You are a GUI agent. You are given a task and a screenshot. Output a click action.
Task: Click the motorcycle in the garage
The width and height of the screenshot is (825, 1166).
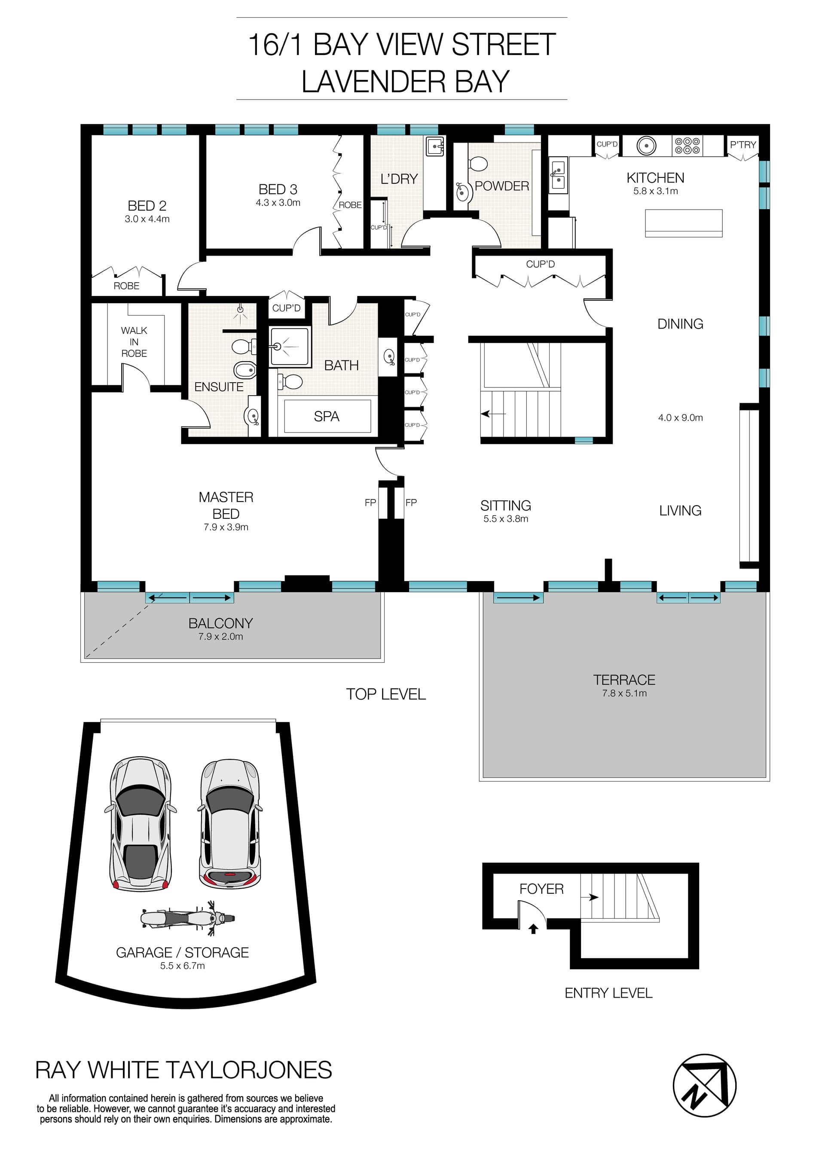[x=188, y=918]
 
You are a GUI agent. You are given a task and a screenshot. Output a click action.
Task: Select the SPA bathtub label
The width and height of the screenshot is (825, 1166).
[x=326, y=417]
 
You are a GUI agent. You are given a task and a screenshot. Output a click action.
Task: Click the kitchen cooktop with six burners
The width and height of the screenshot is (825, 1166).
[x=687, y=146]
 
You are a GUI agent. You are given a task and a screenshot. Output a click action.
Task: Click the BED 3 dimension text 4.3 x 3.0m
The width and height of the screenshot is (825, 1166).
[x=278, y=203]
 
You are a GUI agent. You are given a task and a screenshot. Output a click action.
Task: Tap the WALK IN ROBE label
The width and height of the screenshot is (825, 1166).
[x=134, y=342]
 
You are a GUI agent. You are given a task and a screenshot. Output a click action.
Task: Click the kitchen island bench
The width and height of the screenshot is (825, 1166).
[x=683, y=223]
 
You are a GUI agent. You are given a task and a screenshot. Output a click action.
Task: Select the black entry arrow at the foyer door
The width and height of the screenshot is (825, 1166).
[x=533, y=929]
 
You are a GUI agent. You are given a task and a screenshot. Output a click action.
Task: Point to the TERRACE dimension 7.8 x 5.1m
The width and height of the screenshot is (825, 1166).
[x=624, y=693]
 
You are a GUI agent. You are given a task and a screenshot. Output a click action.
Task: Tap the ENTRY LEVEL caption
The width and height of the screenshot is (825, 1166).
[x=608, y=993]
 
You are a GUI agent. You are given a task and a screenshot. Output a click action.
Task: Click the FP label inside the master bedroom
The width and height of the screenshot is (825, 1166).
[x=370, y=502]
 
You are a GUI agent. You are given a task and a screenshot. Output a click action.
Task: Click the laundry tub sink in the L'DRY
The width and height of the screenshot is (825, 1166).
[x=435, y=147]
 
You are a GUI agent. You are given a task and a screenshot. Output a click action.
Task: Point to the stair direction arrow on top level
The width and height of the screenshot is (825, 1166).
[x=493, y=414]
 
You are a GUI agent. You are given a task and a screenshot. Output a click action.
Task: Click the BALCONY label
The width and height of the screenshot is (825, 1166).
[x=220, y=623]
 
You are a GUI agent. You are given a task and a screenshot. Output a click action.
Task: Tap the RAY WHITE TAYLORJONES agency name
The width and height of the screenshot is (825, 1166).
[x=183, y=1070]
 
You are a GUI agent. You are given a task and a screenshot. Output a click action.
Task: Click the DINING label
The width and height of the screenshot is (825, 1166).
[x=680, y=324]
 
